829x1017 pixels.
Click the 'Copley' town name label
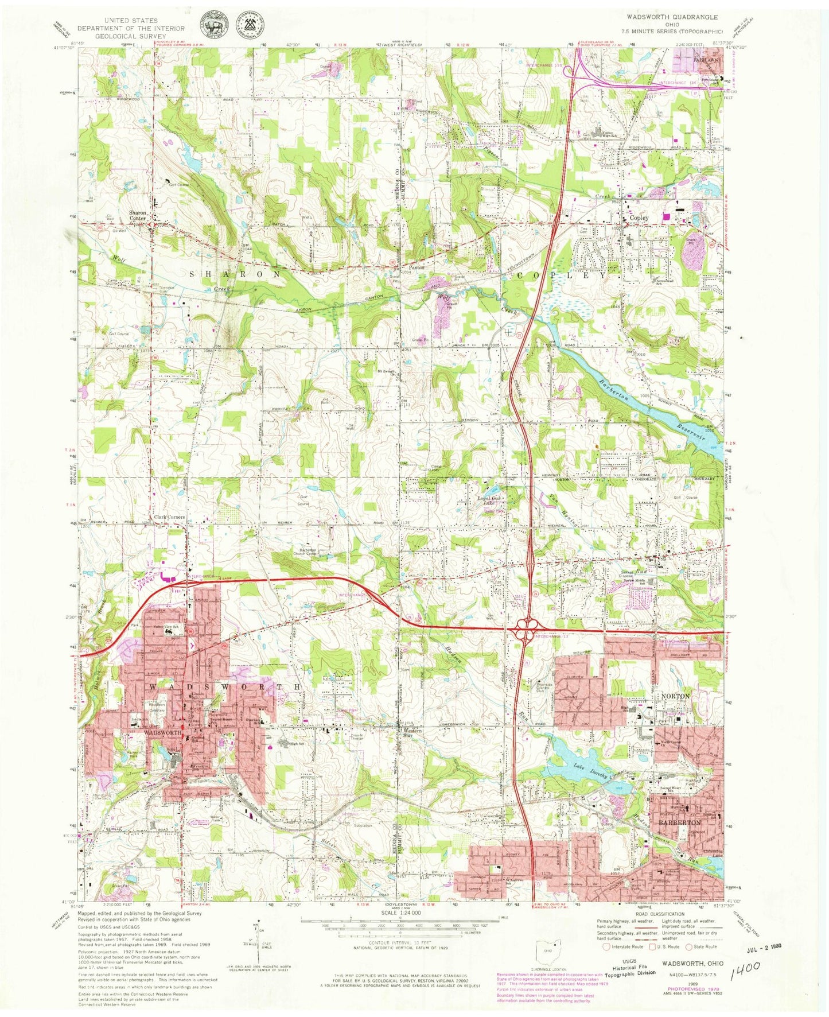(x=639, y=218)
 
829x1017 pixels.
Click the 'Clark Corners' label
(x=169, y=517)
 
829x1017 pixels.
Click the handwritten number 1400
(x=746, y=969)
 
